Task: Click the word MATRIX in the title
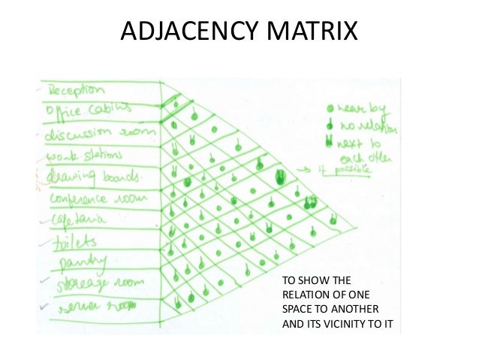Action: [315, 33]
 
